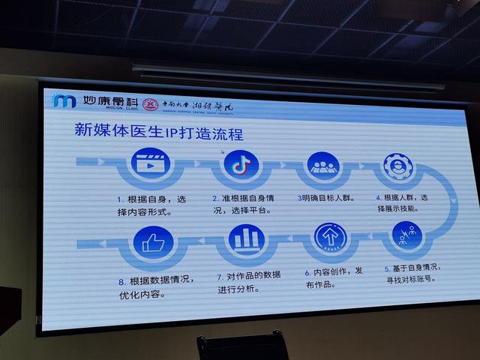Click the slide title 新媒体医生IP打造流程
click(x=158, y=130)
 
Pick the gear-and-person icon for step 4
click(x=398, y=167)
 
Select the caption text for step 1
click(x=151, y=204)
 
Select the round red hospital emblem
click(x=151, y=103)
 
